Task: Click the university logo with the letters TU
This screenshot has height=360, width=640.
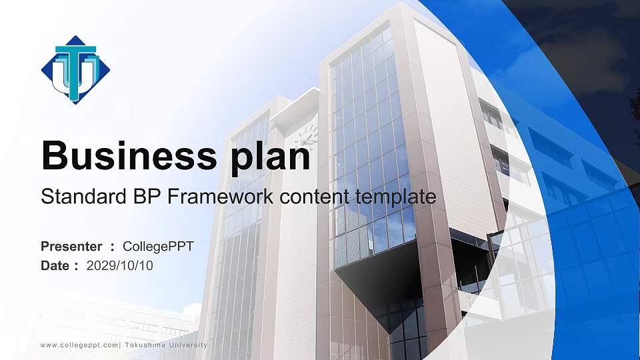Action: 75,69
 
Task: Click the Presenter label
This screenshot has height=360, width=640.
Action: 71,247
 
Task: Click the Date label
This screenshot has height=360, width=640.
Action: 55,266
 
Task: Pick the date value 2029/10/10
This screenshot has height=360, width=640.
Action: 120,266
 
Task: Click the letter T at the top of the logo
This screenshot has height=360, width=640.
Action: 75,51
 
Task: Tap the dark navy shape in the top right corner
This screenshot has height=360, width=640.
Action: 587,40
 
